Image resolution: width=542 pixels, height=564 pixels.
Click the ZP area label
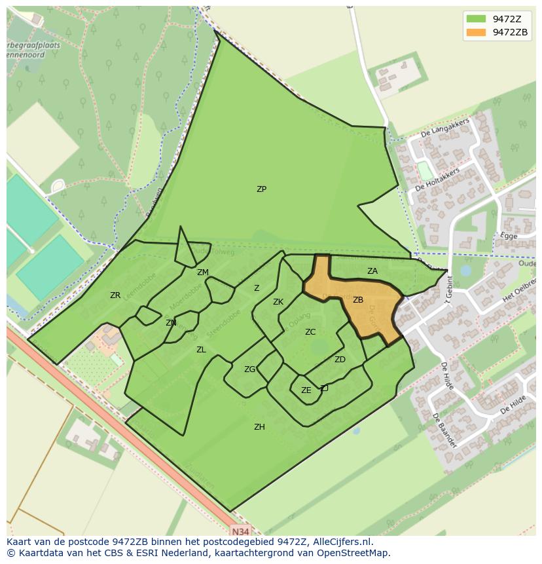click(x=261, y=189)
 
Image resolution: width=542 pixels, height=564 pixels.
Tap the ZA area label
click(x=372, y=271)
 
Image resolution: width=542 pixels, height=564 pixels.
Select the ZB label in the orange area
click(x=358, y=300)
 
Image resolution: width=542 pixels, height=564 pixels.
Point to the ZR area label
click(x=115, y=295)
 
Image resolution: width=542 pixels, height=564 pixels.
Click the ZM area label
click(x=203, y=273)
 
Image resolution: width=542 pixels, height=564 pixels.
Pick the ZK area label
click(x=278, y=302)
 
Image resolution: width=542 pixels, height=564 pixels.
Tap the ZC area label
click(x=310, y=332)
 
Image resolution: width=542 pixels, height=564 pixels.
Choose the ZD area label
click(x=340, y=360)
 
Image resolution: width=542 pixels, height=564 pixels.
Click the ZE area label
click(x=306, y=390)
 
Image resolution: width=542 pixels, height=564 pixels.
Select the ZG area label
click(x=249, y=369)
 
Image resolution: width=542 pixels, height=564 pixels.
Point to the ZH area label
click(x=259, y=427)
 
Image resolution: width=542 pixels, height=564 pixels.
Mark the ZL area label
click(x=201, y=350)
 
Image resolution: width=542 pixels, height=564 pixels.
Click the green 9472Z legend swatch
click(x=476, y=18)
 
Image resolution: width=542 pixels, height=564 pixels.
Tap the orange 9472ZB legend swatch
click(x=476, y=32)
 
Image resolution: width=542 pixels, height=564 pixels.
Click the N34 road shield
click(x=240, y=531)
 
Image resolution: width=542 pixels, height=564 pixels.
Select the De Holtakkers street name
click(x=437, y=178)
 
